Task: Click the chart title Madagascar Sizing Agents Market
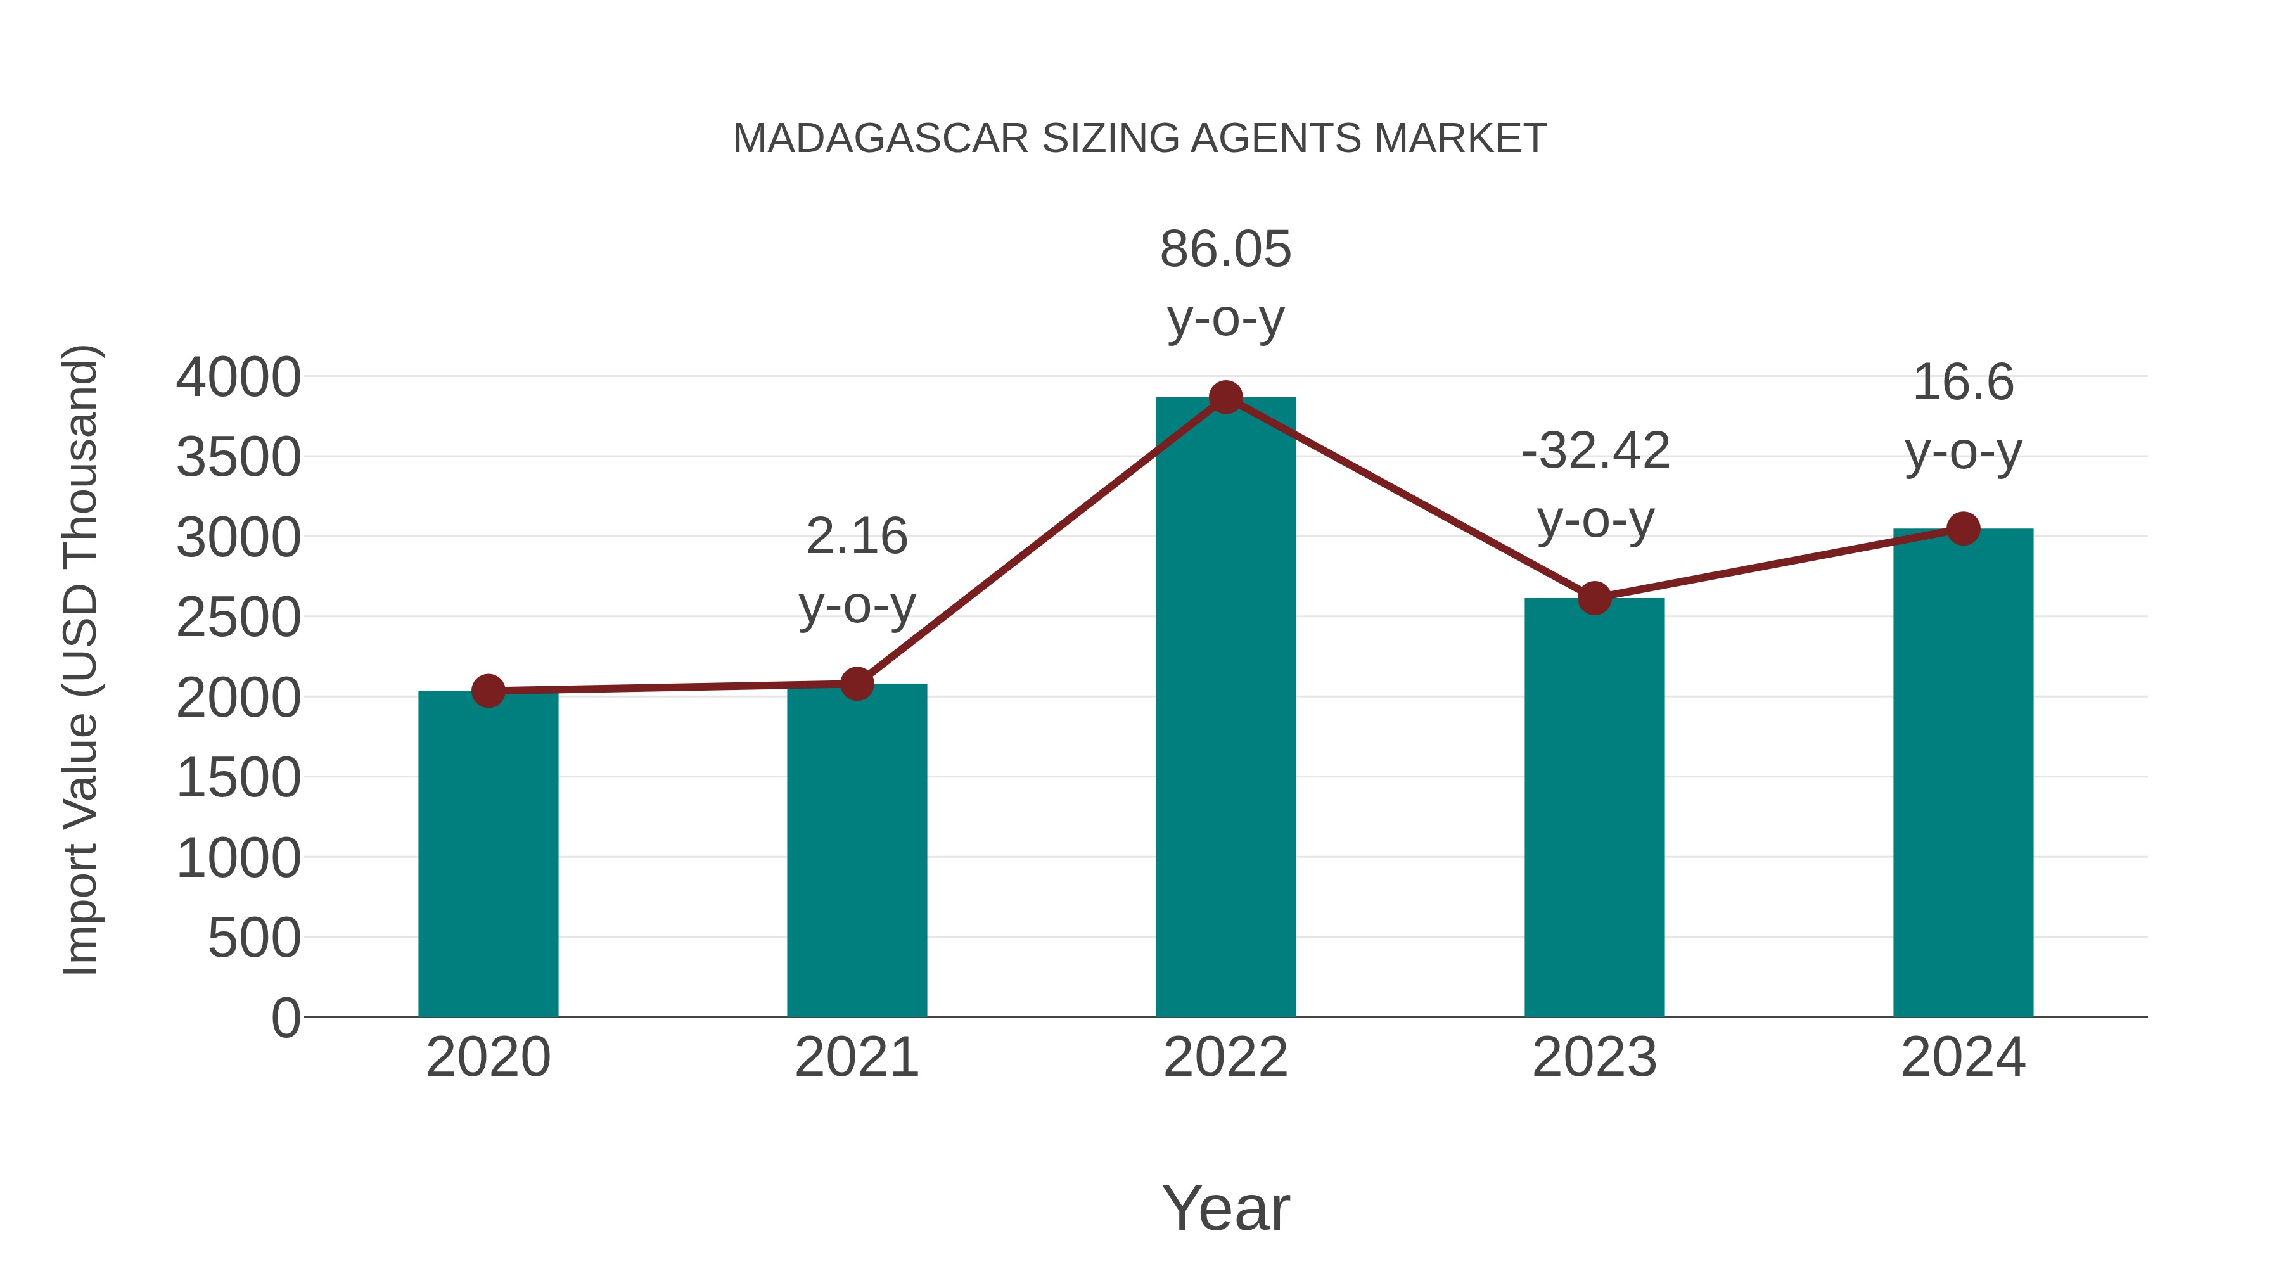pos(1140,139)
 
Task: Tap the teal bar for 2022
pos(1225,708)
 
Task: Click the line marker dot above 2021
pos(856,684)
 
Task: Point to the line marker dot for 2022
pos(1225,397)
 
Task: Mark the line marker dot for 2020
pos(488,691)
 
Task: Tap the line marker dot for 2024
pos(1963,528)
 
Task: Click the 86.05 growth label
pos(1225,250)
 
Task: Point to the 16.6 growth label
pos(1963,383)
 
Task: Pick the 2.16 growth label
pos(856,537)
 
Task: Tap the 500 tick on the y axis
pos(253,938)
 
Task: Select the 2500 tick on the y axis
pos(238,618)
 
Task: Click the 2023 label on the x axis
pos(1594,1057)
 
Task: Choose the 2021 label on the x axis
pos(856,1057)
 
